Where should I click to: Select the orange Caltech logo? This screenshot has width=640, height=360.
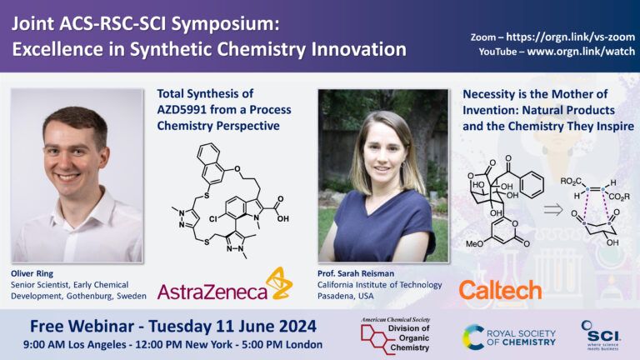tap(500, 290)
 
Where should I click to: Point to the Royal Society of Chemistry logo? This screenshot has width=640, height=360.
tap(509, 336)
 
